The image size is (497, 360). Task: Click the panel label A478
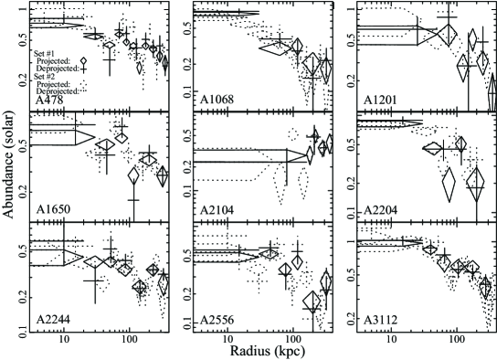(49, 101)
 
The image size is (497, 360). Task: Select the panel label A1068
(217, 100)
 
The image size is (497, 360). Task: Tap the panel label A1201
(380, 100)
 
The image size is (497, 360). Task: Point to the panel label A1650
(53, 209)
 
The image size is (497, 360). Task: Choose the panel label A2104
(217, 210)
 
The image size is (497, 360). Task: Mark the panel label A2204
(380, 210)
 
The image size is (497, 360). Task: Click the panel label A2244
(53, 320)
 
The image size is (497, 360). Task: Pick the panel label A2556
(217, 320)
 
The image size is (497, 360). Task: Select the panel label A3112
(380, 320)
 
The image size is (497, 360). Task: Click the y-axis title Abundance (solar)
(8, 164)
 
